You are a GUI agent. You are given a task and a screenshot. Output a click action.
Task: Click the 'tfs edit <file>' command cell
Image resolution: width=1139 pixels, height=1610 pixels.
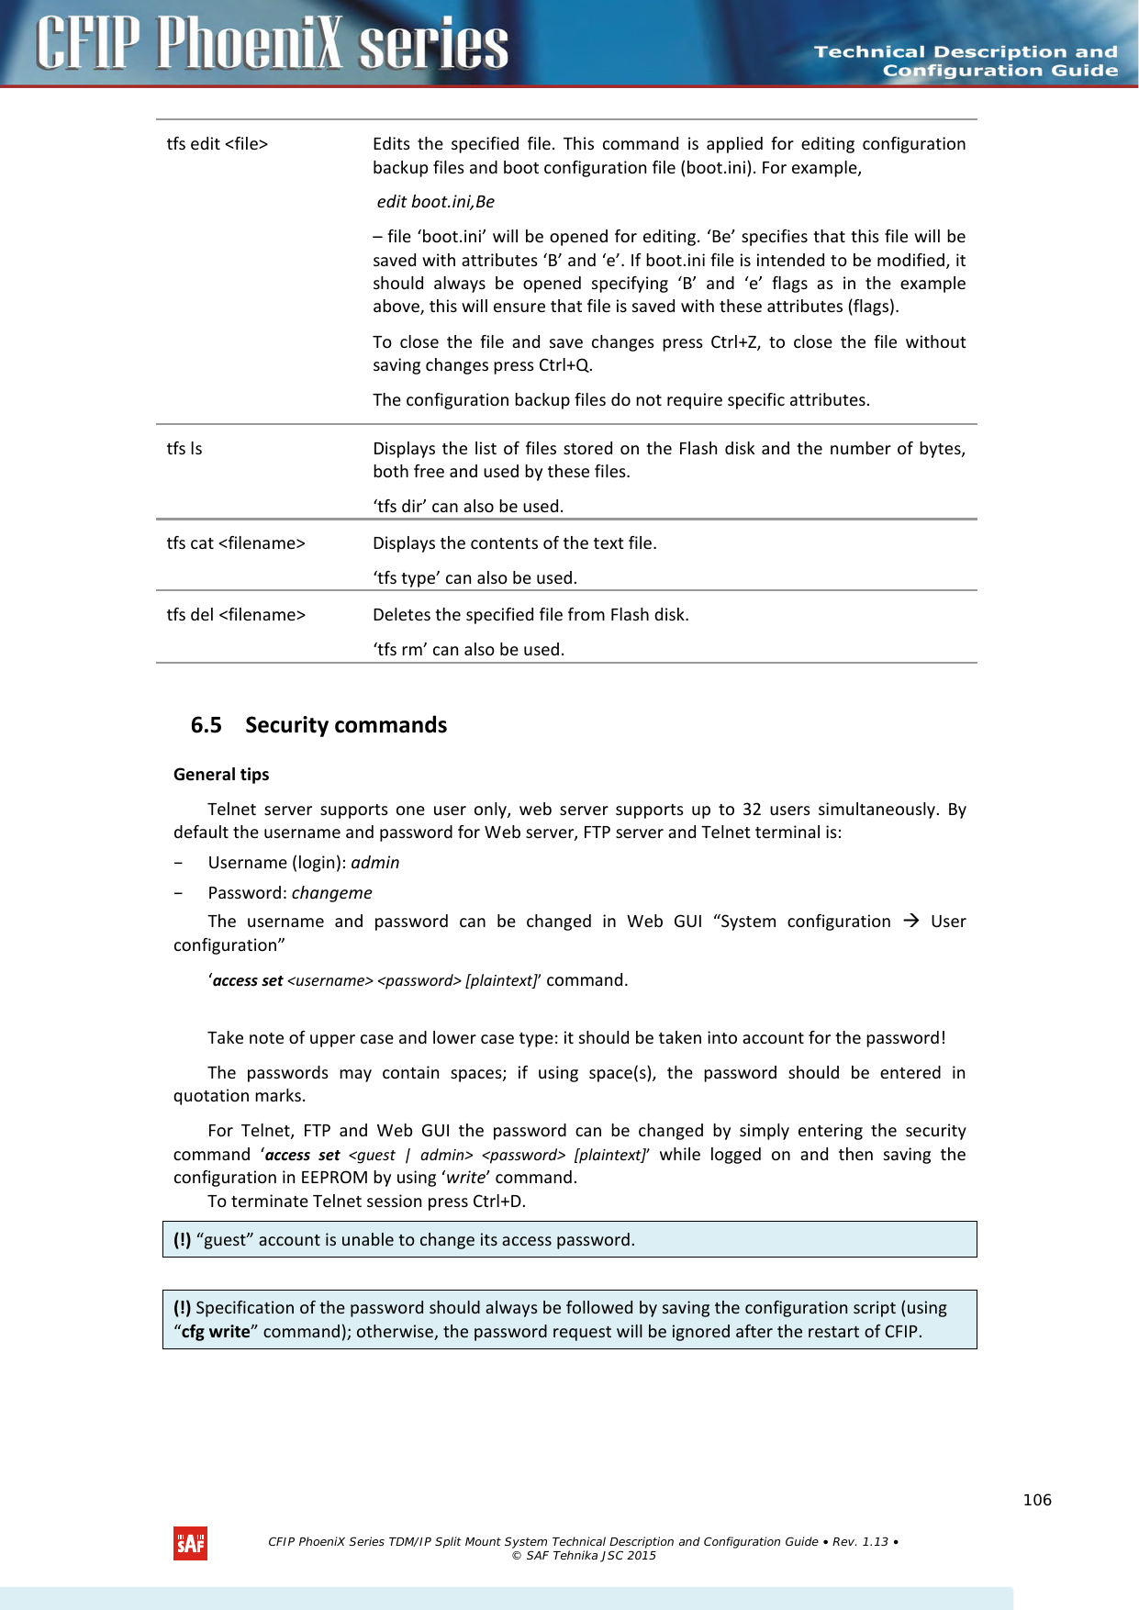pyautogui.click(x=218, y=144)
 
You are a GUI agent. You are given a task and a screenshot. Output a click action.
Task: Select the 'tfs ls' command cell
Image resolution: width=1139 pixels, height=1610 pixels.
pyautogui.click(x=184, y=449)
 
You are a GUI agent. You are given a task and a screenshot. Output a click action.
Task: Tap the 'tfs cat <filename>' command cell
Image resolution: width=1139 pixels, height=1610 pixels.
pyautogui.click(x=236, y=543)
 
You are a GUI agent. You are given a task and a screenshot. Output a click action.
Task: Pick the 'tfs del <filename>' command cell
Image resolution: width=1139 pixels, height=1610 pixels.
pyautogui.click(x=236, y=615)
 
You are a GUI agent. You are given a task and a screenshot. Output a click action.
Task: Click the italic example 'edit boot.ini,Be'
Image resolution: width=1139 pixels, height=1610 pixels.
pyautogui.click(x=435, y=202)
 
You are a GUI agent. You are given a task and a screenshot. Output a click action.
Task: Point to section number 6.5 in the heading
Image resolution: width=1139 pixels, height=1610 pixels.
pyautogui.click(x=206, y=725)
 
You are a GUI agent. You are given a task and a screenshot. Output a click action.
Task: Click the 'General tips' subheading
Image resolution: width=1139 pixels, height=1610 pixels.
pyautogui.click(x=221, y=775)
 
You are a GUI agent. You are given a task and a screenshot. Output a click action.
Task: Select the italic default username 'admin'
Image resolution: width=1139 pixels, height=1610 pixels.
pyautogui.click(x=374, y=863)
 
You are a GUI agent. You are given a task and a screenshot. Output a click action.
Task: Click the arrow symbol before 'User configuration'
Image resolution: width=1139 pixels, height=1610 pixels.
pyautogui.click(x=910, y=921)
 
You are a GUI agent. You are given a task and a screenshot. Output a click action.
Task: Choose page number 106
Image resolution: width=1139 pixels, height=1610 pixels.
pyautogui.click(x=1037, y=1500)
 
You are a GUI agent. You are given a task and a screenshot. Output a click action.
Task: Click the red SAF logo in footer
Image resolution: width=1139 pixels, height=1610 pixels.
pyautogui.click(x=190, y=1544)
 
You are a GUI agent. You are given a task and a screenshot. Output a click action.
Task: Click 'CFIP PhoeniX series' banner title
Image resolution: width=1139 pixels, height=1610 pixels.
pyautogui.click(x=273, y=44)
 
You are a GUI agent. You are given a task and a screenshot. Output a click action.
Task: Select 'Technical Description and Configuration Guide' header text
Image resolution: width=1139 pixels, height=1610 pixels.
pyautogui.click(x=966, y=61)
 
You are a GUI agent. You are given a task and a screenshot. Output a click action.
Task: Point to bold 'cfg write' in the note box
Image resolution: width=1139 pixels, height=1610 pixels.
pyautogui.click(x=215, y=1332)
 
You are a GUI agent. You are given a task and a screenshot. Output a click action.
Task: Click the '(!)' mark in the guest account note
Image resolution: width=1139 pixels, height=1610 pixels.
pyautogui.click(x=182, y=1240)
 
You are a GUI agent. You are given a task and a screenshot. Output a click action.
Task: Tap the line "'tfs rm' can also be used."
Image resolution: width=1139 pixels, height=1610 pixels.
pyautogui.click(x=468, y=650)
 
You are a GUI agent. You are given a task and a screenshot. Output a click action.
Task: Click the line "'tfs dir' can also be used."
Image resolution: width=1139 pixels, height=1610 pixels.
pyautogui.click(x=468, y=507)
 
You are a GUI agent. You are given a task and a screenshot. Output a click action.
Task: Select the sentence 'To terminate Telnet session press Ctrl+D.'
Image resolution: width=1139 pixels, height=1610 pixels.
pyautogui.click(x=366, y=1202)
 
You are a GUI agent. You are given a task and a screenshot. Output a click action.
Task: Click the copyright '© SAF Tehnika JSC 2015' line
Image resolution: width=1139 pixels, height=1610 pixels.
pyautogui.click(x=584, y=1556)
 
